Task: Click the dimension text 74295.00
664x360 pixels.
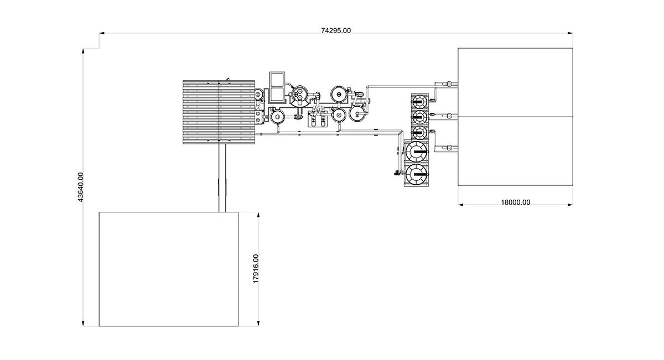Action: point(336,31)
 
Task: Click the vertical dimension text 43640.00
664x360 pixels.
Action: point(80,187)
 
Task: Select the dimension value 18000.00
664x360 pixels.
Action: point(516,202)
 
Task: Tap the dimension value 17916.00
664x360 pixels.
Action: point(256,269)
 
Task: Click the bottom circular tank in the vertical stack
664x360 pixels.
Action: point(417,175)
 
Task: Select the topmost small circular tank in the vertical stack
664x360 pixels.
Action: point(419,102)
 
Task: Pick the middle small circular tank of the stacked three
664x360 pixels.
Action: point(419,117)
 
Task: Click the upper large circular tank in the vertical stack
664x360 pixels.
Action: point(417,152)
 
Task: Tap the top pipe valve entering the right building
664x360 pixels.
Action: point(449,84)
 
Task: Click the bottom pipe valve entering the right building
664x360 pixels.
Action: point(449,148)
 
